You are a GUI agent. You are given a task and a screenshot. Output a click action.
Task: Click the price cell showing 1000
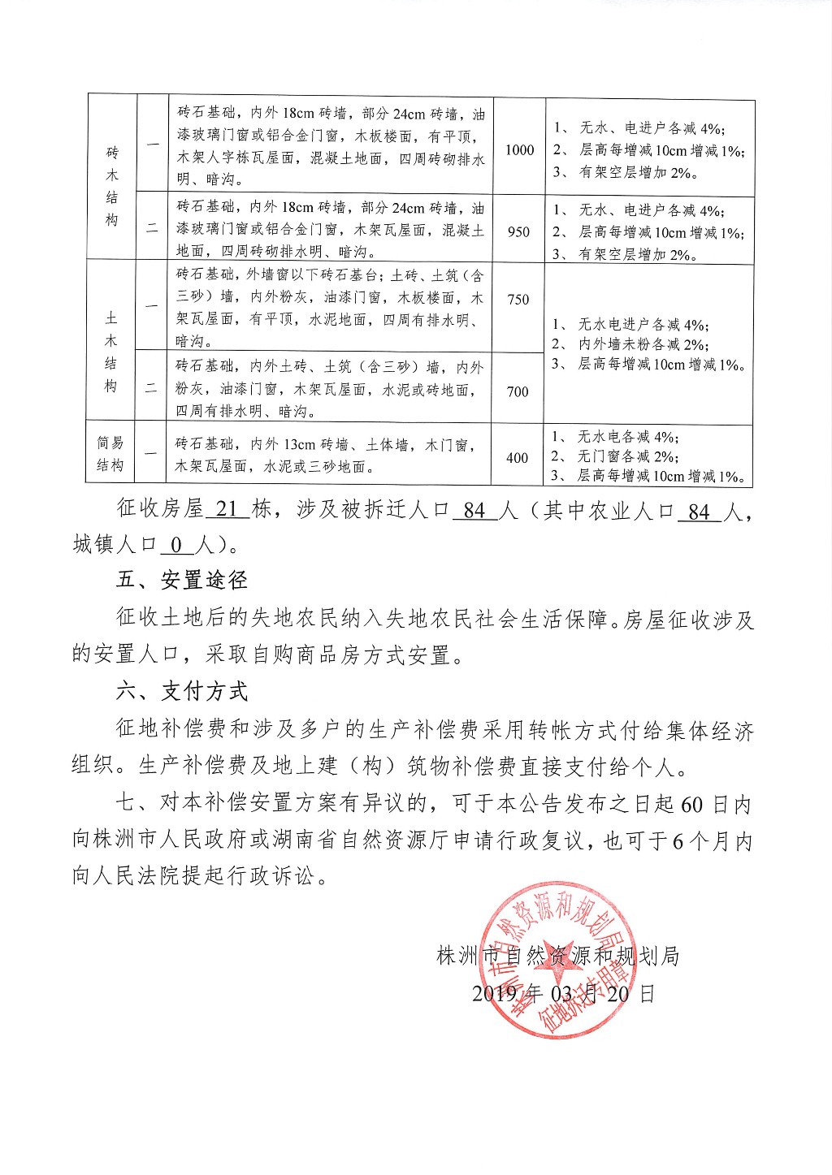click(x=519, y=149)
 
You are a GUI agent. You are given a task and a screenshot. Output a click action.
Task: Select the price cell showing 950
click(x=518, y=231)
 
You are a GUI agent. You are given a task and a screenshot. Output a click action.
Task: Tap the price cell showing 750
click(x=518, y=300)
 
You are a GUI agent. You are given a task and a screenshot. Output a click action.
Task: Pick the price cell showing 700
click(x=518, y=391)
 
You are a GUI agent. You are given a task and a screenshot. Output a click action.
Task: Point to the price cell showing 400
click(x=518, y=458)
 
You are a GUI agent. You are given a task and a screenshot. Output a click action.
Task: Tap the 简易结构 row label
click(x=110, y=454)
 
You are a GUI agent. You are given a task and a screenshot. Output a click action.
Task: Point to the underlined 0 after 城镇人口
click(x=177, y=545)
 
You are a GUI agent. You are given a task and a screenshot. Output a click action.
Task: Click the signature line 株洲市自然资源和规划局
click(x=557, y=956)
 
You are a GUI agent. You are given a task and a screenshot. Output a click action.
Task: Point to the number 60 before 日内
click(x=692, y=805)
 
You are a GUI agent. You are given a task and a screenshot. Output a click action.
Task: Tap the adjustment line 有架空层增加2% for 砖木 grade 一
click(x=626, y=172)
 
